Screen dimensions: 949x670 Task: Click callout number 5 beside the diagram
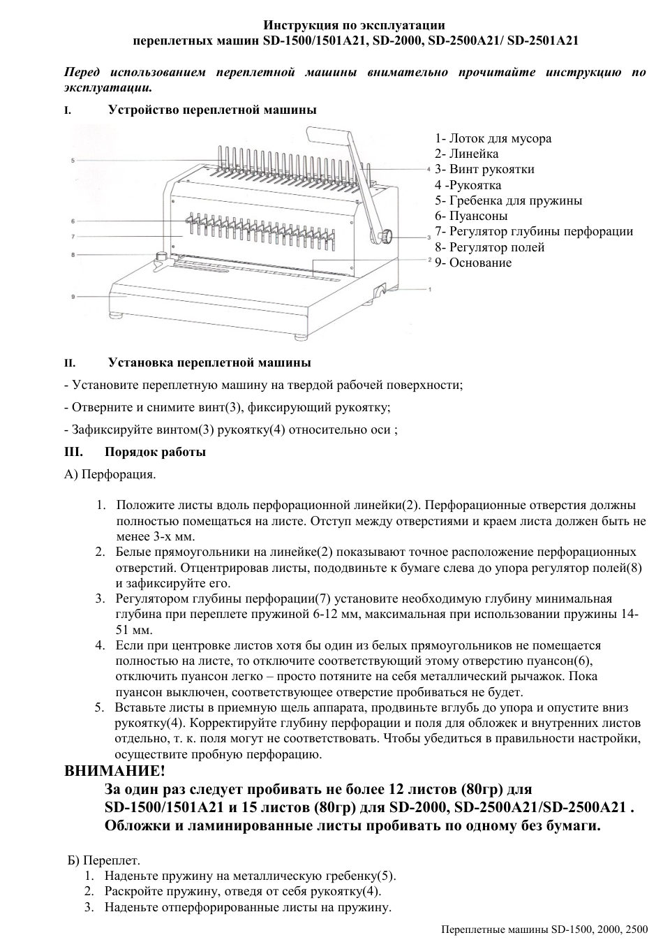tap(73, 161)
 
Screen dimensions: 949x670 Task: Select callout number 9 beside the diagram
tap(73, 297)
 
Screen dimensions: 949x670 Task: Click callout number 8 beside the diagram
tap(73, 255)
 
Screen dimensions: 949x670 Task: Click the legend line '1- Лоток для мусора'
tap(493, 138)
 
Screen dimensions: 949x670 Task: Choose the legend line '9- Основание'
tap(473, 263)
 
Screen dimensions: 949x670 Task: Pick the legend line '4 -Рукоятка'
tap(468, 185)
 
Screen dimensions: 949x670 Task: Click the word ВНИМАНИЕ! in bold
tap(115, 771)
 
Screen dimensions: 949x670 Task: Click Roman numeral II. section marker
tap(69, 363)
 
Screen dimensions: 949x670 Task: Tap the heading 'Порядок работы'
tap(155, 452)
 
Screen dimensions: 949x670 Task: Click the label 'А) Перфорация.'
tap(110, 475)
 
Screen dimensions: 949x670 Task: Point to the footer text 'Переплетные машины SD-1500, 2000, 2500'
tap(544, 929)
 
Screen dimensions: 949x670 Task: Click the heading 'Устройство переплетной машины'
tap(212, 110)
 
